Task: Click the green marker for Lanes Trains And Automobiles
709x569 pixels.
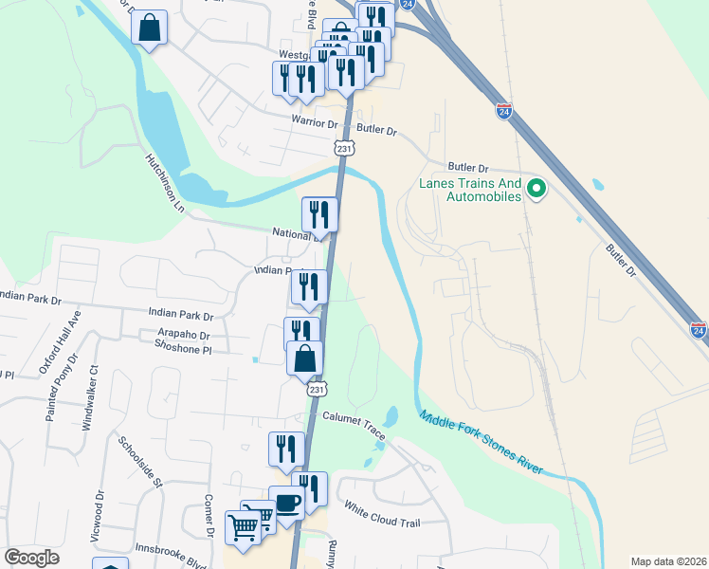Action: click(x=536, y=189)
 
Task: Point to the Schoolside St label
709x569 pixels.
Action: click(x=140, y=462)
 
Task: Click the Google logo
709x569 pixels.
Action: click(x=32, y=557)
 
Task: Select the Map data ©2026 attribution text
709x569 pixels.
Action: click(x=668, y=561)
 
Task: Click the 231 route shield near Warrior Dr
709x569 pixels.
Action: click(x=343, y=149)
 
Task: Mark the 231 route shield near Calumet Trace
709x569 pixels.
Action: click(x=317, y=390)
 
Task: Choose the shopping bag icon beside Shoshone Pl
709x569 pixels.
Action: click(x=305, y=358)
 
